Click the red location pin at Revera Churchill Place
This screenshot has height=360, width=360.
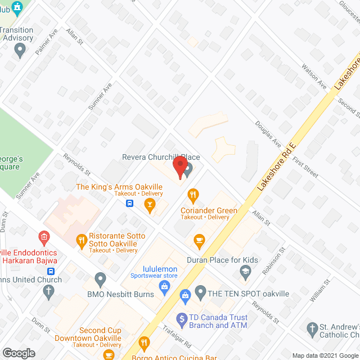click(x=179, y=166)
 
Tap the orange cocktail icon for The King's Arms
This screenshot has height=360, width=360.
click(x=149, y=206)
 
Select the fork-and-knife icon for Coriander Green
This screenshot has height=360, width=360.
click(x=193, y=196)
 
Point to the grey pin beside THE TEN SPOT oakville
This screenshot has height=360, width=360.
click(x=200, y=292)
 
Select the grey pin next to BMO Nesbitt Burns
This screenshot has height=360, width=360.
click(x=101, y=278)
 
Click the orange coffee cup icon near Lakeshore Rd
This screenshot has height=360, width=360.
click(x=197, y=240)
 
